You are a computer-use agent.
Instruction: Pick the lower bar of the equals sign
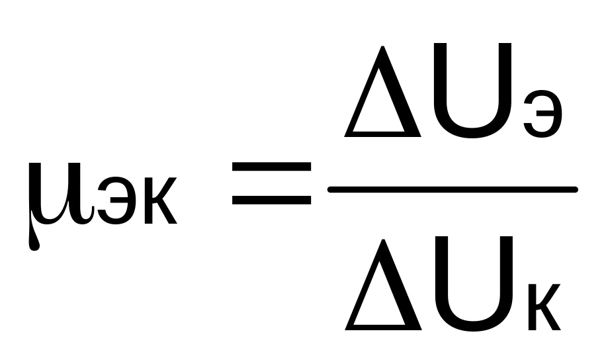click(271, 198)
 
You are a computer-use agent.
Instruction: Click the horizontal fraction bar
click(453, 190)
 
